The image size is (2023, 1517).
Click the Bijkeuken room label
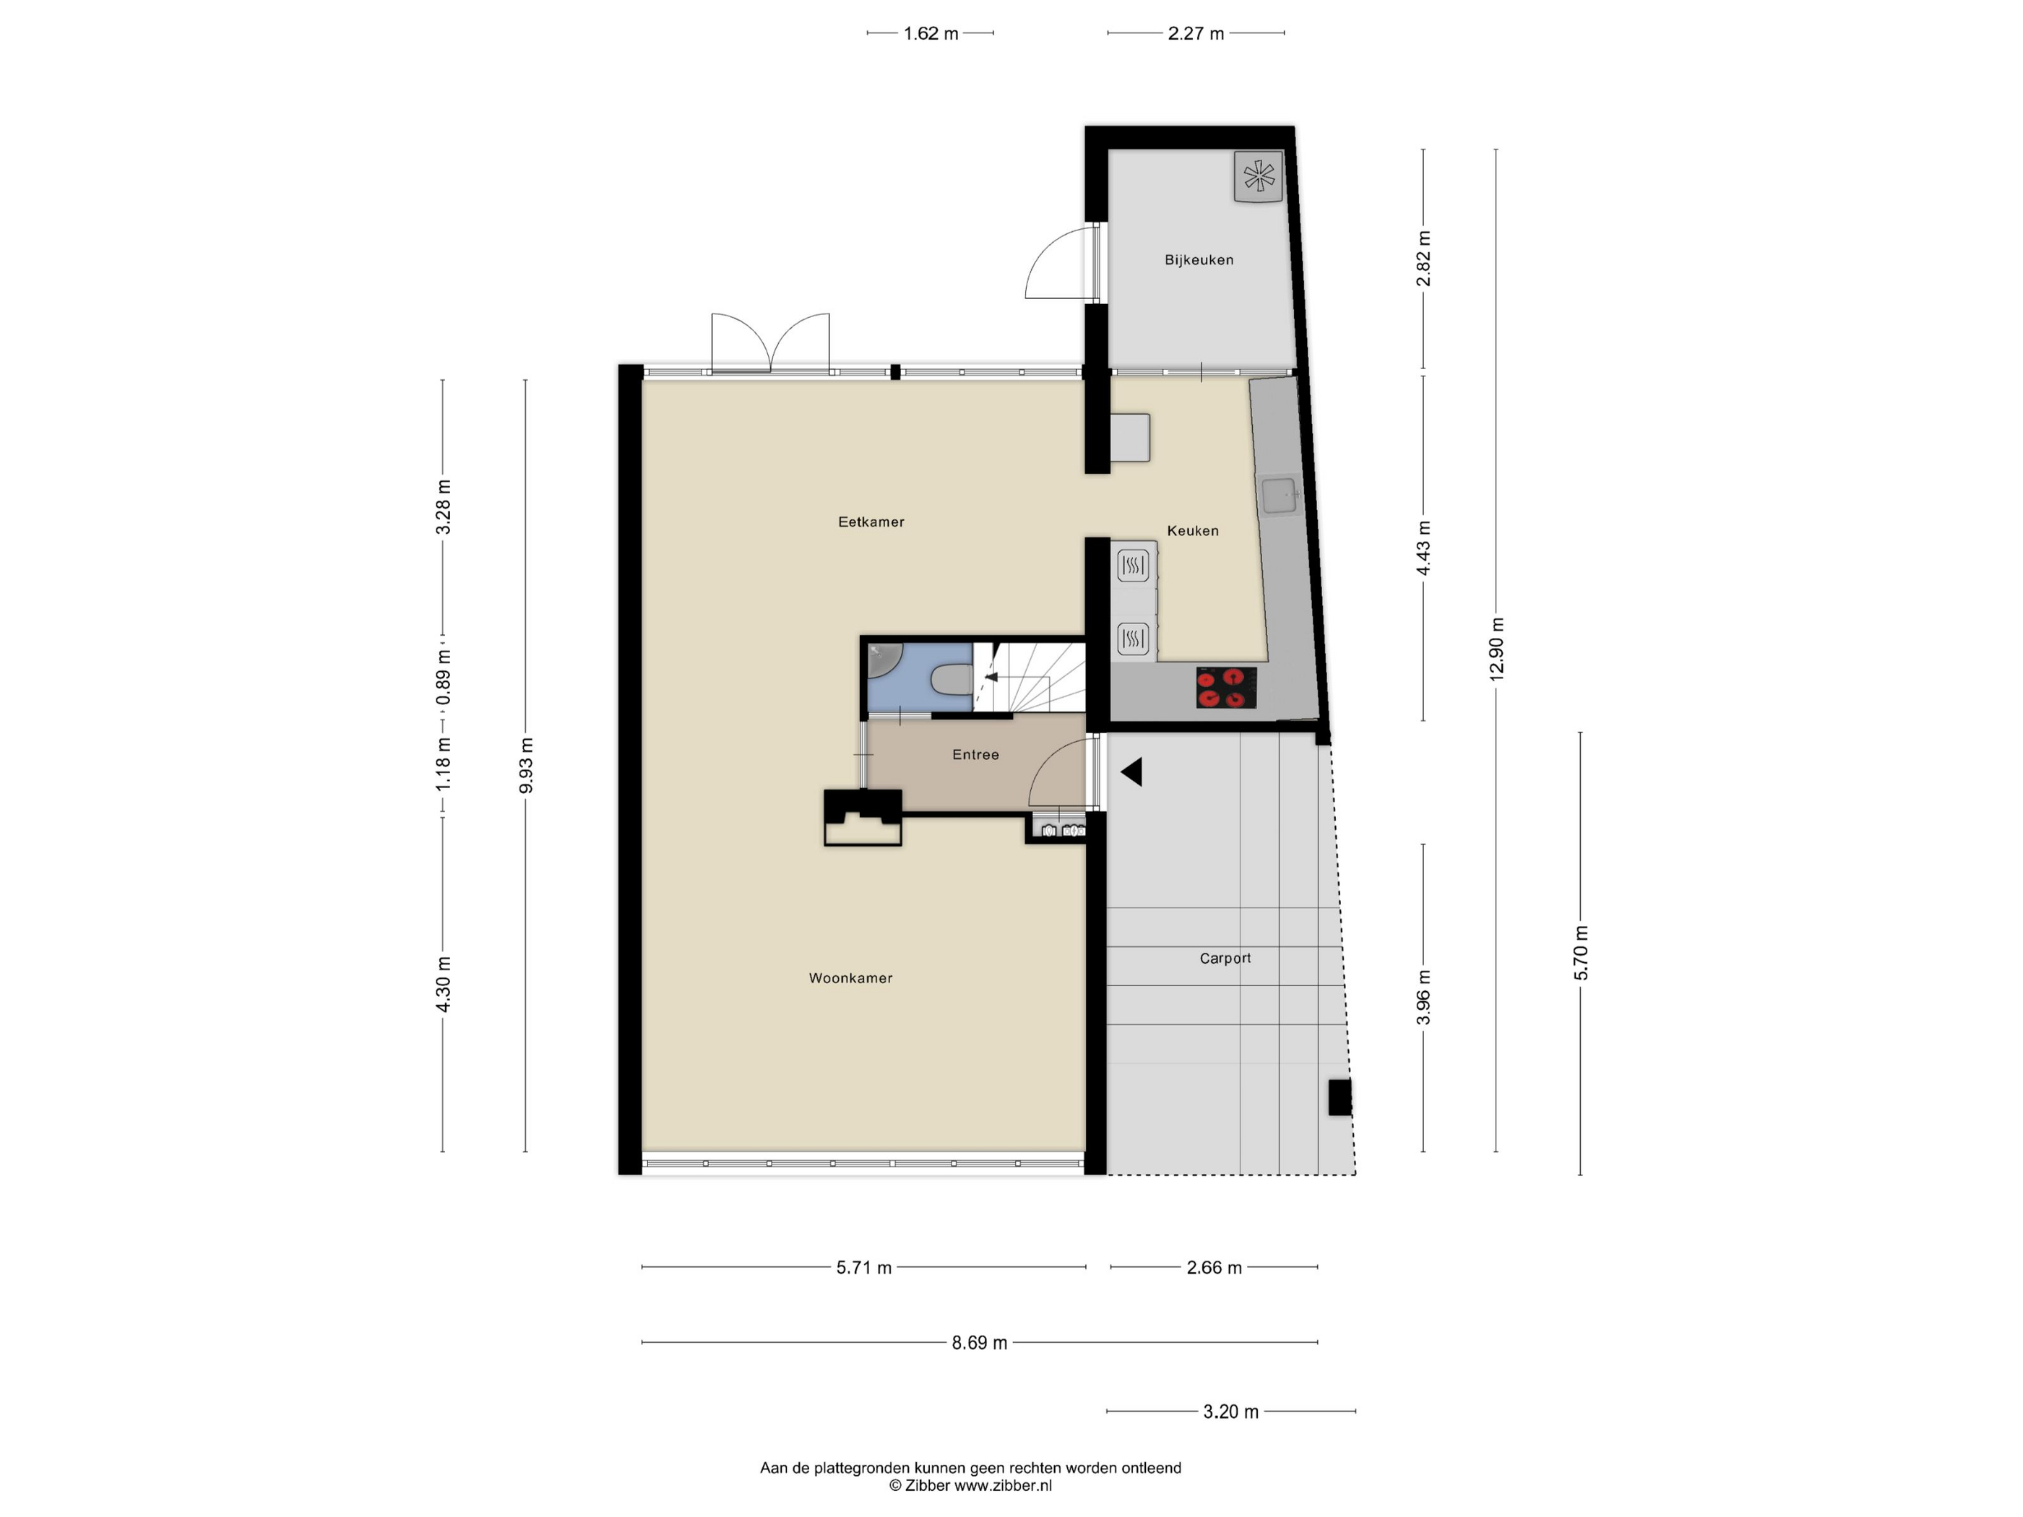coord(1199,259)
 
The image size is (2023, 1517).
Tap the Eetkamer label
coord(871,522)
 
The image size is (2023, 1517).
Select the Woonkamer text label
coord(850,978)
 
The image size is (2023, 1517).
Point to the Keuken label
coord(1193,530)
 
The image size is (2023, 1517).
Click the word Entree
coord(976,754)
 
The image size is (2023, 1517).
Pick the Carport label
coord(1225,959)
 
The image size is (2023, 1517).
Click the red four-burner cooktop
coord(1226,688)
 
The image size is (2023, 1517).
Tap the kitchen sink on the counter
coord(1280,496)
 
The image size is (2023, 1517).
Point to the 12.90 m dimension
coord(1496,649)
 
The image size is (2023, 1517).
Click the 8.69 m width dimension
coord(980,1342)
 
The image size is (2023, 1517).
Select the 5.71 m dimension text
coord(864,1267)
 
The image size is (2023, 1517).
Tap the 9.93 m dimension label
coord(526,765)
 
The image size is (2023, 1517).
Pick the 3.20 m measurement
coord(1231,1412)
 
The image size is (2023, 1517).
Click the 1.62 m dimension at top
coord(931,34)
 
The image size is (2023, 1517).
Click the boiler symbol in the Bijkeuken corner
coord(1259,176)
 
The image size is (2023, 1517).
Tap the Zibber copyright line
coord(970,1486)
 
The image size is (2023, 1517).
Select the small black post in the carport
coord(1340,1097)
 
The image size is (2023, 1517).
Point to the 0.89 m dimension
coord(444,678)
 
